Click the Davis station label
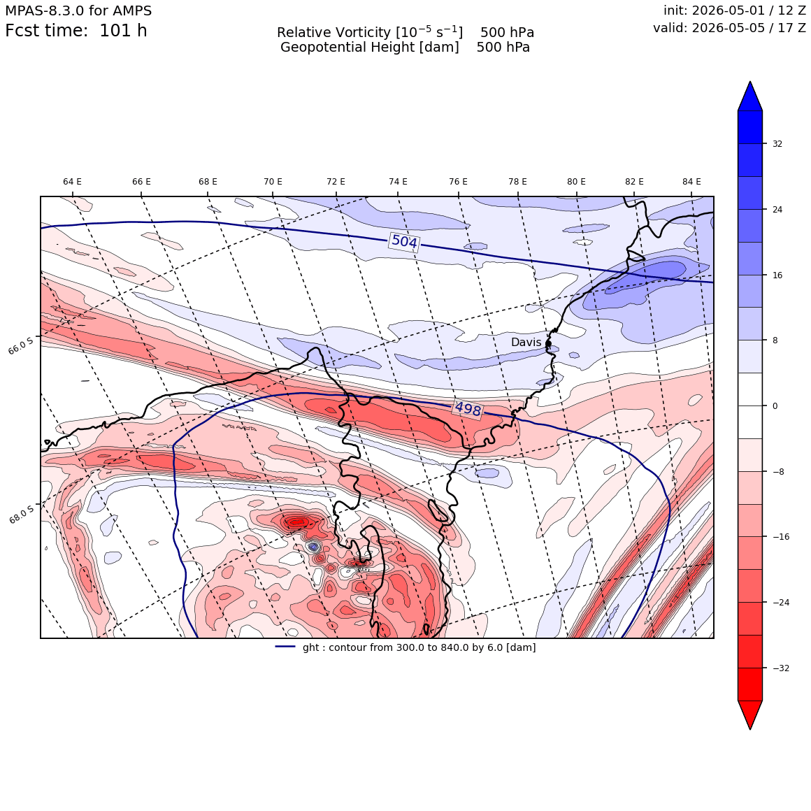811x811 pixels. tap(526, 342)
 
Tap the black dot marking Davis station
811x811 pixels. tap(548, 343)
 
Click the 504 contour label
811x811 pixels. tap(405, 241)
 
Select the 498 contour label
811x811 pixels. tap(468, 409)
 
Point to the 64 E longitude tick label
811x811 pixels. tap(73, 182)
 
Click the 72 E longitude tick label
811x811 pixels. tap(336, 182)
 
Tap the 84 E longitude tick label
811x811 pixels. tap(691, 182)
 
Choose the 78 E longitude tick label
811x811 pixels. tap(518, 182)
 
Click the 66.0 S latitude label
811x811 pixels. tap(21, 345)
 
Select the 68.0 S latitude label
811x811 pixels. tap(21, 515)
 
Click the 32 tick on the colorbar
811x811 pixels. tap(777, 144)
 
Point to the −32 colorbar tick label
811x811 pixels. tap(781, 668)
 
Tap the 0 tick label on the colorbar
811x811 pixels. tap(775, 406)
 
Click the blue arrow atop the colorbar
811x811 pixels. tap(750, 96)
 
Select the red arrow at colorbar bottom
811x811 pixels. tap(750, 715)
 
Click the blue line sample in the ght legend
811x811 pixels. tap(285, 647)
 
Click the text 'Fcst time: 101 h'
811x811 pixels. tap(76, 31)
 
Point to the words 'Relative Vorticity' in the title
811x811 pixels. tap(333, 32)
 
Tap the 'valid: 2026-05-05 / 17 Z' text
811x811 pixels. tap(729, 27)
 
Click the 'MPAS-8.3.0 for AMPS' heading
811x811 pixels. tap(78, 10)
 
